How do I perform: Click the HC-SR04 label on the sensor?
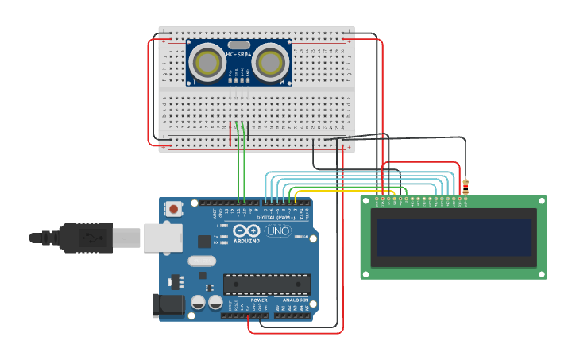[x=238, y=54]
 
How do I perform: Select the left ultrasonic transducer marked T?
[x=208, y=61]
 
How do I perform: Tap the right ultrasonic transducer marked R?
[x=271, y=61]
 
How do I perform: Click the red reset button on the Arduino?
[x=173, y=210]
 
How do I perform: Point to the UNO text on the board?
[x=277, y=230]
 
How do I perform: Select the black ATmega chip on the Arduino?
[x=266, y=284]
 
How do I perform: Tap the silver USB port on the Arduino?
[x=164, y=238]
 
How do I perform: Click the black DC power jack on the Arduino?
[x=168, y=305]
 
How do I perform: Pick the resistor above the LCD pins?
[x=466, y=187]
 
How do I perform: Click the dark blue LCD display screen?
[x=454, y=238]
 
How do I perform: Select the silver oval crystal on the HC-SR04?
[x=238, y=45]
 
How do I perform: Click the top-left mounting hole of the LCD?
[x=365, y=202]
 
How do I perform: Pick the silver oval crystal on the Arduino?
[x=202, y=261]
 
